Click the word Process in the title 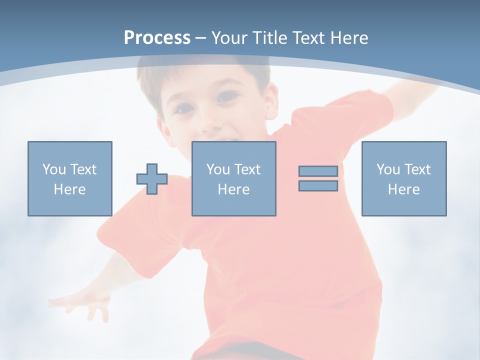tap(157, 38)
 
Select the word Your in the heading tap(229, 38)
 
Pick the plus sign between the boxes tap(152, 179)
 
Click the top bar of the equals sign tap(318, 171)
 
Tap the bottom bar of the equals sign tap(318, 186)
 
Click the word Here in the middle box tap(233, 189)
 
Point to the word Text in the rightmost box tap(417, 169)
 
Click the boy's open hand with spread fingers tap(85, 302)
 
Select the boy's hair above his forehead tap(200, 75)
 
